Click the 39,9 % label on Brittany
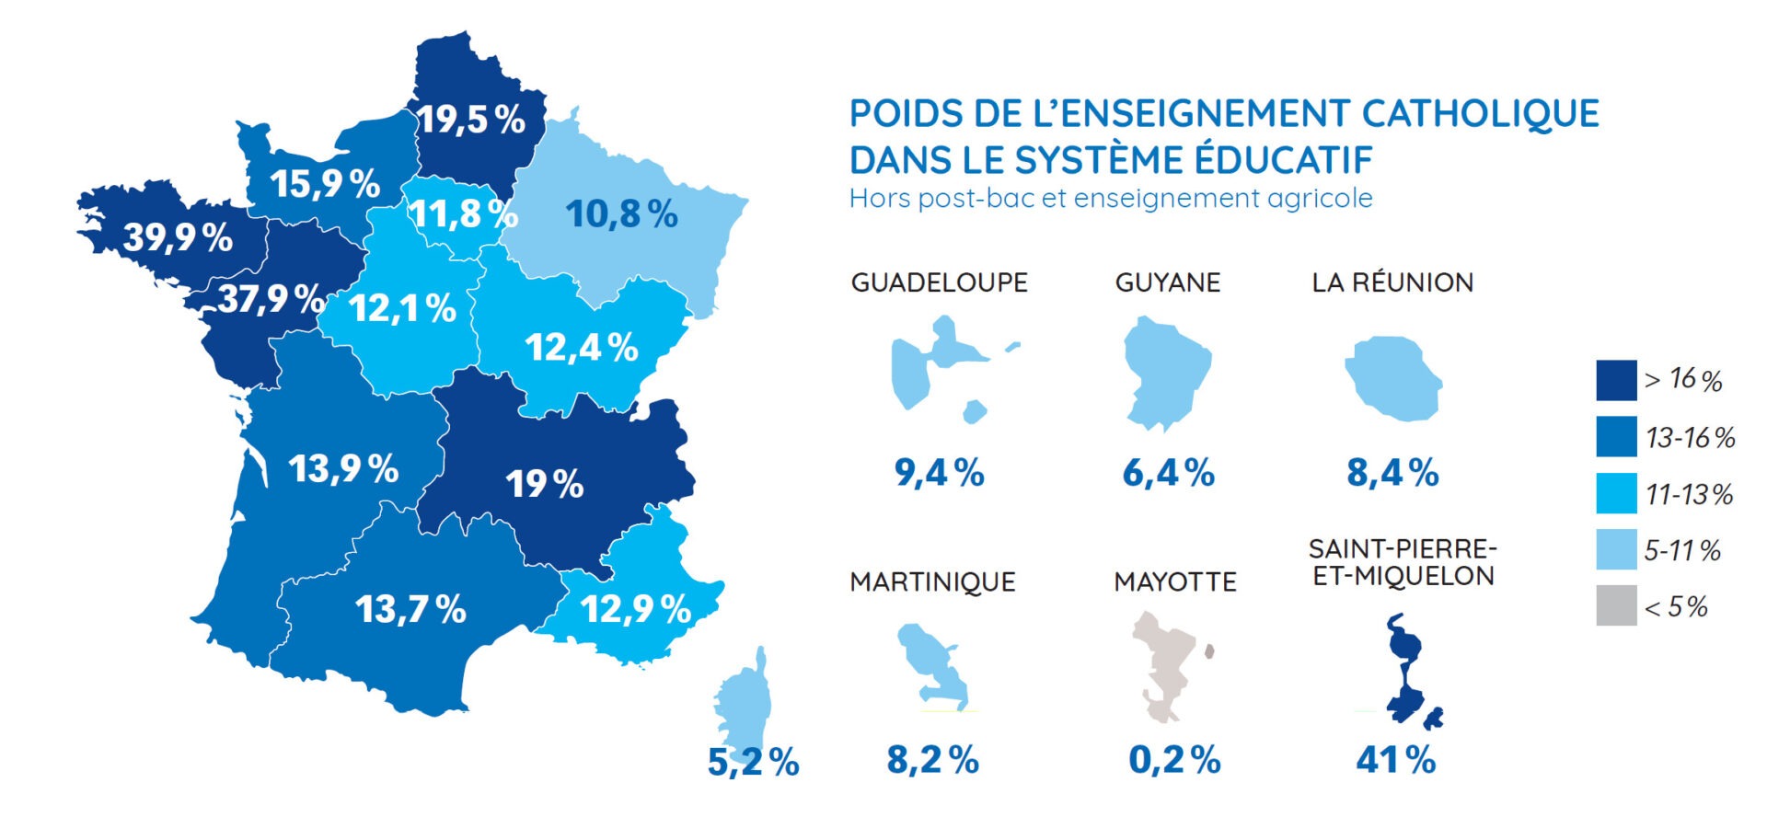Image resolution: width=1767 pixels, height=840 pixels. click(x=178, y=237)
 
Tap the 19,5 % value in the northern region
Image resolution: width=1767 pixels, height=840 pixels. click(x=471, y=120)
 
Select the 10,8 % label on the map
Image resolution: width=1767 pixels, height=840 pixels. click(x=621, y=214)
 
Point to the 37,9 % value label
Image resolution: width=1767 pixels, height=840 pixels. click(x=271, y=299)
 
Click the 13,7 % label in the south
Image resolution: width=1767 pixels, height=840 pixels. click(x=410, y=609)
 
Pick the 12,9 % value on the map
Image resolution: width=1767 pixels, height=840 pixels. click(x=636, y=609)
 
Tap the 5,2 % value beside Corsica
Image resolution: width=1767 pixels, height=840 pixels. click(x=753, y=762)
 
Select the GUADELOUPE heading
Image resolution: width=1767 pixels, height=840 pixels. click(x=939, y=282)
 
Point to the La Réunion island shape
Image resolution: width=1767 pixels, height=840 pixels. click(x=1392, y=378)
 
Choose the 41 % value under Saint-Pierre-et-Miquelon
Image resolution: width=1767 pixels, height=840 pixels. click(x=1395, y=761)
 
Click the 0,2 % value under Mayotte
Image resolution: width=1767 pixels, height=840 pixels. click(x=1174, y=761)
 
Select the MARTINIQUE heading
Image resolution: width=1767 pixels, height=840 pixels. click(x=932, y=582)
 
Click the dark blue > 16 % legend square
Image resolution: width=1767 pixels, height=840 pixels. click(x=1616, y=380)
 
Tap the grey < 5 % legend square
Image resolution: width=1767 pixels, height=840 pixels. click(x=1616, y=606)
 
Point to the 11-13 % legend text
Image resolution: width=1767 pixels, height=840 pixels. click(x=1689, y=495)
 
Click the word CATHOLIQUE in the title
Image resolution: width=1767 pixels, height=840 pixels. click(x=1480, y=114)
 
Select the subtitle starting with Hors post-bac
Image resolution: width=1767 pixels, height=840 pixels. click(x=1111, y=199)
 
